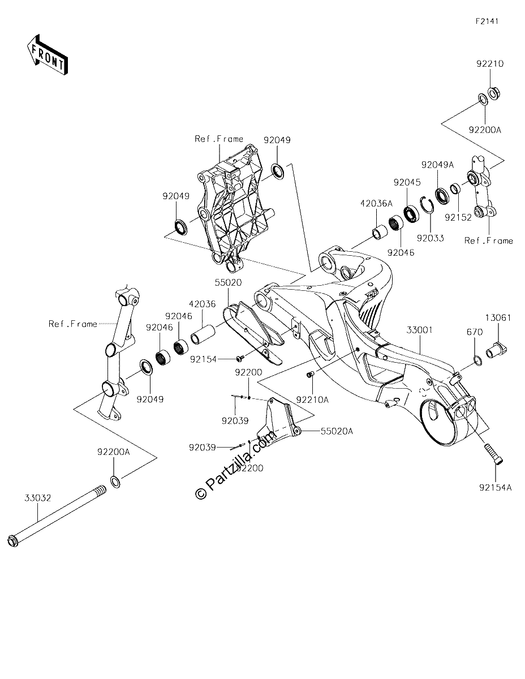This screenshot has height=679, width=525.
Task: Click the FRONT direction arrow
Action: pyautogui.click(x=47, y=55)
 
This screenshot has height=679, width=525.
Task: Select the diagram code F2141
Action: pyautogui.click(x=487, y=22)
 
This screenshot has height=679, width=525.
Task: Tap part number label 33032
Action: pyautogui.click(x=38, y=498)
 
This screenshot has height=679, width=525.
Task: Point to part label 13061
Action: pyautogui.click(x=498, y=318)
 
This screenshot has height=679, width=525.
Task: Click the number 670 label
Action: pyautogui.click(x=475, y=332)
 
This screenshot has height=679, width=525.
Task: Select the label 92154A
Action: pyautogui.click(x=496, y=487)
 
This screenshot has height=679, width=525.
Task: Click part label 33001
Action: pyautogui.click(x=419, y=330)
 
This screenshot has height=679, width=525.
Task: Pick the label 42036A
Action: pyautogui.click(x=376, y=204)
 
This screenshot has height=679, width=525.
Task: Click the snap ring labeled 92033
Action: pyautogui.click(x=427, y=205)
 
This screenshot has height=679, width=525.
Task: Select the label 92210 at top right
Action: pyautogui.click(x=490, y=64)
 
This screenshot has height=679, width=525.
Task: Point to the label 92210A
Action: pyautogui.click(x=312, y=399)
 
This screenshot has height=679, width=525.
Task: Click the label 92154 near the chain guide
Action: pyautogui.click(x=203, y=360)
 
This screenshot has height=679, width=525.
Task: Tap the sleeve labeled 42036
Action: pyautogui.click(x=203, y=334)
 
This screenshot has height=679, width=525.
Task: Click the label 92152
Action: pyautogui.click(x=458, y=217)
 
